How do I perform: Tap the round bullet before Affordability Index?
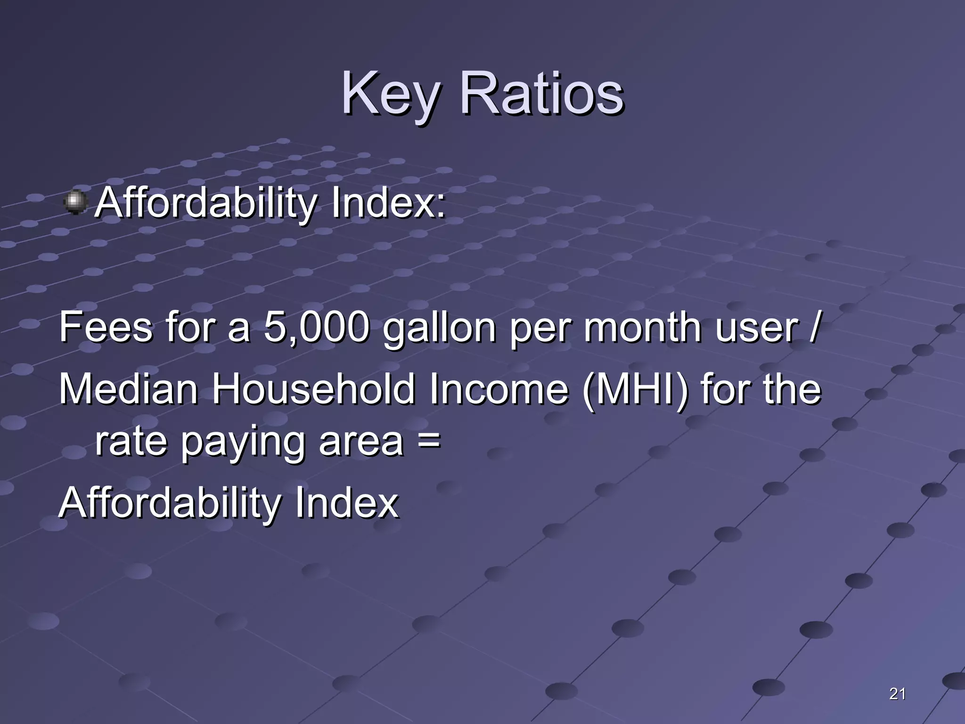tap(75, 202)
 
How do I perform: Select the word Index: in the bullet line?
tap(387, 203)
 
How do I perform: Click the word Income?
tap(499, 389)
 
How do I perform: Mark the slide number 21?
tap(897, 693)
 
